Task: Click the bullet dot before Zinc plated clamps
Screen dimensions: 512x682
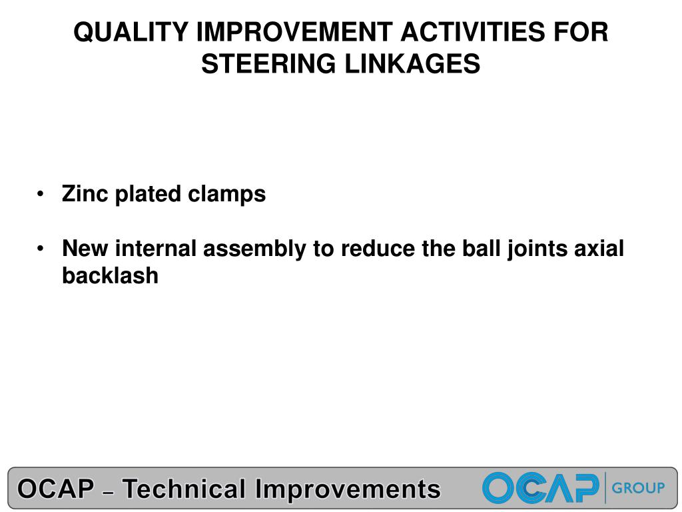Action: tap(41, 195)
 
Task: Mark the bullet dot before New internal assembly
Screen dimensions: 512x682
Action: tap(41, 249)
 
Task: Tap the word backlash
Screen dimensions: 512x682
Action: tap(110, 276)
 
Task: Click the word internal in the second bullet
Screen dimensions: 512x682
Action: tap(157, 249)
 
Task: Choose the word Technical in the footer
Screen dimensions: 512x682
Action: tap(185, 489)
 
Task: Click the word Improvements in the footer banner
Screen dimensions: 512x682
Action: tap(348, 489)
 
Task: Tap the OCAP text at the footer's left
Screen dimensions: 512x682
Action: tap(55, 489)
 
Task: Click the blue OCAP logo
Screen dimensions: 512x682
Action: tap(540, 488)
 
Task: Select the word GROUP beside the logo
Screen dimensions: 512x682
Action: tap(638, 488)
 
